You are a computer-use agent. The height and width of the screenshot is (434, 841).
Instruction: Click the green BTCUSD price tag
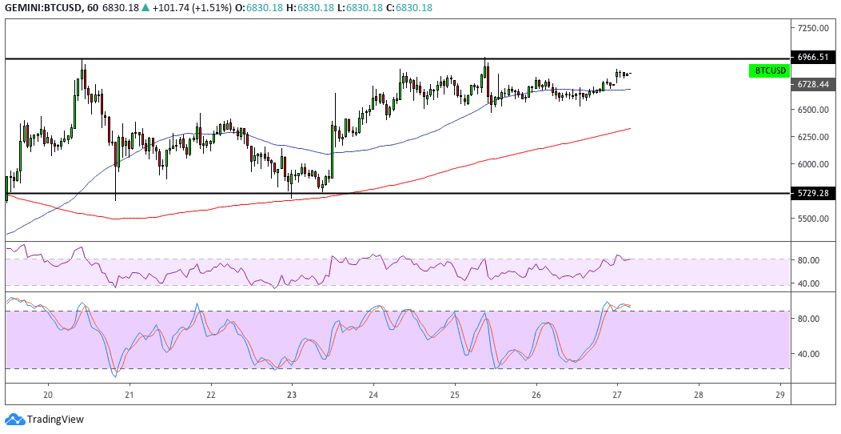coord(771,70)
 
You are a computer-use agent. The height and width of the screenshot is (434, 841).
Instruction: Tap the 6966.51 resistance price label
coord(812,57)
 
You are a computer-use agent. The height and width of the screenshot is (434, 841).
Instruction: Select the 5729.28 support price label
coord(812,193)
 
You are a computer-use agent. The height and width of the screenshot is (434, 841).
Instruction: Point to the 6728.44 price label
coord(812,84)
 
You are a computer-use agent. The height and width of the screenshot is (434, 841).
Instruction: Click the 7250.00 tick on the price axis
coord(812,28)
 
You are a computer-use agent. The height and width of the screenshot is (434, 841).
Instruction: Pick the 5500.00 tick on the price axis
coord(812,219)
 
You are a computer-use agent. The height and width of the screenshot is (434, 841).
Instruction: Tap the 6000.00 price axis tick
coord(812,164)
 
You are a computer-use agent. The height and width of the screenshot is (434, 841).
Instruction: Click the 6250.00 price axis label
coord(812,137)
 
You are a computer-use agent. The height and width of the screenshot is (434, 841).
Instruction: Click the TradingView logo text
coord(55,419)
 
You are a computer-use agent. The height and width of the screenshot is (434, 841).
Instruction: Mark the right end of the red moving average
coord(631,128)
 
